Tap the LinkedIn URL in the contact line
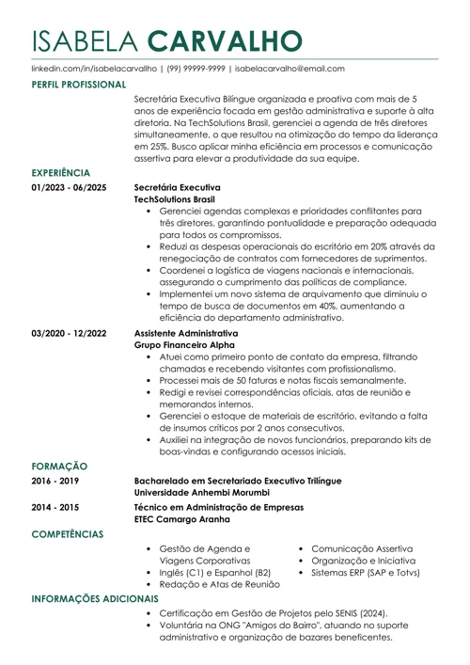click(93, 69)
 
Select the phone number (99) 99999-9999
click(196, 69)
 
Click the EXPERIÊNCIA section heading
click(61, 173)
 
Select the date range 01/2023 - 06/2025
click(69, 187)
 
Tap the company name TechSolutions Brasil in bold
click(175, 199)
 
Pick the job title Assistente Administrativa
click(186, 333)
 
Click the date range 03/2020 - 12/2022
click(69, 333)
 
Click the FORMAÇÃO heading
click(59, 466)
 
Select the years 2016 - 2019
click(55, 481)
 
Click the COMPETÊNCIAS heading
click(68, 534)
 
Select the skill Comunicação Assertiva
click(363, 548)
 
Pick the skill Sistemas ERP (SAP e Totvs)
click(366, 572)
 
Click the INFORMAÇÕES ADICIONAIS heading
click(96, 598)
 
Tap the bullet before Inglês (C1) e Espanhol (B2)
click(150, 573)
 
